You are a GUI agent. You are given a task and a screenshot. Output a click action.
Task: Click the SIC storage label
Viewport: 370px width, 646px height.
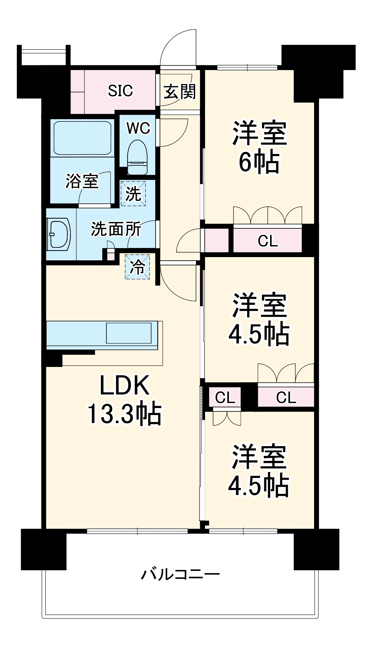[120, 91]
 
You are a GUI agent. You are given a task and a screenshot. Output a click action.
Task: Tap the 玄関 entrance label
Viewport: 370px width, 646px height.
[180, 92]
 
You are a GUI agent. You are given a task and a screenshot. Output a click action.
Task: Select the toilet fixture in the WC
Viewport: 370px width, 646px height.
[137, 158]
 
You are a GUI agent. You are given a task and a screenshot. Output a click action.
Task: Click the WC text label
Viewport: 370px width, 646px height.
[138, 128]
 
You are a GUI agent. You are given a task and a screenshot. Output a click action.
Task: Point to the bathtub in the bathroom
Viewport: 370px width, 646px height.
[82, 138]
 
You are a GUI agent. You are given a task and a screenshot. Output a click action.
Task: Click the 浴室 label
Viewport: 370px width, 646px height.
[82, 181]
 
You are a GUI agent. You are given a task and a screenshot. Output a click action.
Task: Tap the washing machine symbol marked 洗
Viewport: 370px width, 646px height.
[133, 193]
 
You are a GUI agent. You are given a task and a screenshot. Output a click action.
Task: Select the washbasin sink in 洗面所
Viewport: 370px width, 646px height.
[59, 234]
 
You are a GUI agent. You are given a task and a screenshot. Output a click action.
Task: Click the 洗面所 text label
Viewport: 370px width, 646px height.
[115, 229]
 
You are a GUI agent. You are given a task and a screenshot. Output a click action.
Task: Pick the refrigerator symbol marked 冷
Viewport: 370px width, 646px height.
[137, 267]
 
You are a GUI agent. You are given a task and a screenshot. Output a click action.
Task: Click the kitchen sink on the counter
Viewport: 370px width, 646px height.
[129, 333]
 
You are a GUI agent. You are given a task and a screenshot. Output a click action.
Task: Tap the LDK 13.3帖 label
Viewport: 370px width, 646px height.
[125, 399]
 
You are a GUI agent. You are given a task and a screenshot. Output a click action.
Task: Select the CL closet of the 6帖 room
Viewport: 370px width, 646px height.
[267, 240]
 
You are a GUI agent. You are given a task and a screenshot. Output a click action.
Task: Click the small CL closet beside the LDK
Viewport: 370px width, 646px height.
[225, 397]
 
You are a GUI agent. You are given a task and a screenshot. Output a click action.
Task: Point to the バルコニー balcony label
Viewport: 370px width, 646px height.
[180, 574]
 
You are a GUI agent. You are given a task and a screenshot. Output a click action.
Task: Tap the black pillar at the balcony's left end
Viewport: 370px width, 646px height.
[43, 549]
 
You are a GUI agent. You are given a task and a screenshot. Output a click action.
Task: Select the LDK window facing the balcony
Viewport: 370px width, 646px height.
[137, 531]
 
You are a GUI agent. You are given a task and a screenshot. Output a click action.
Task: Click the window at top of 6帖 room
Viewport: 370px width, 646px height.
[247, 68]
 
